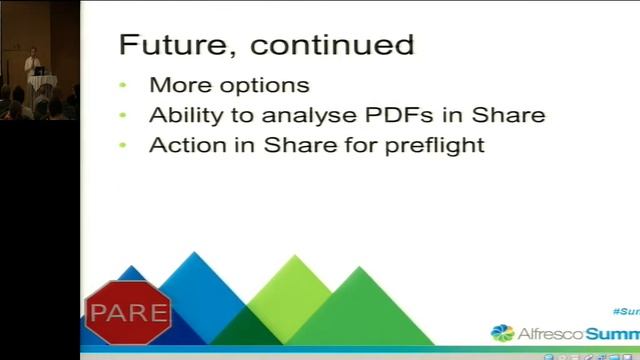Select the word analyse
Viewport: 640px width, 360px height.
321,116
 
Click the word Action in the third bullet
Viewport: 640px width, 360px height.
181,145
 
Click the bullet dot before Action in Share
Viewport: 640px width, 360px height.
123,146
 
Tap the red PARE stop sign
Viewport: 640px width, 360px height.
127,313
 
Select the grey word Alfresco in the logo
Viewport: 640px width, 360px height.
548,333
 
